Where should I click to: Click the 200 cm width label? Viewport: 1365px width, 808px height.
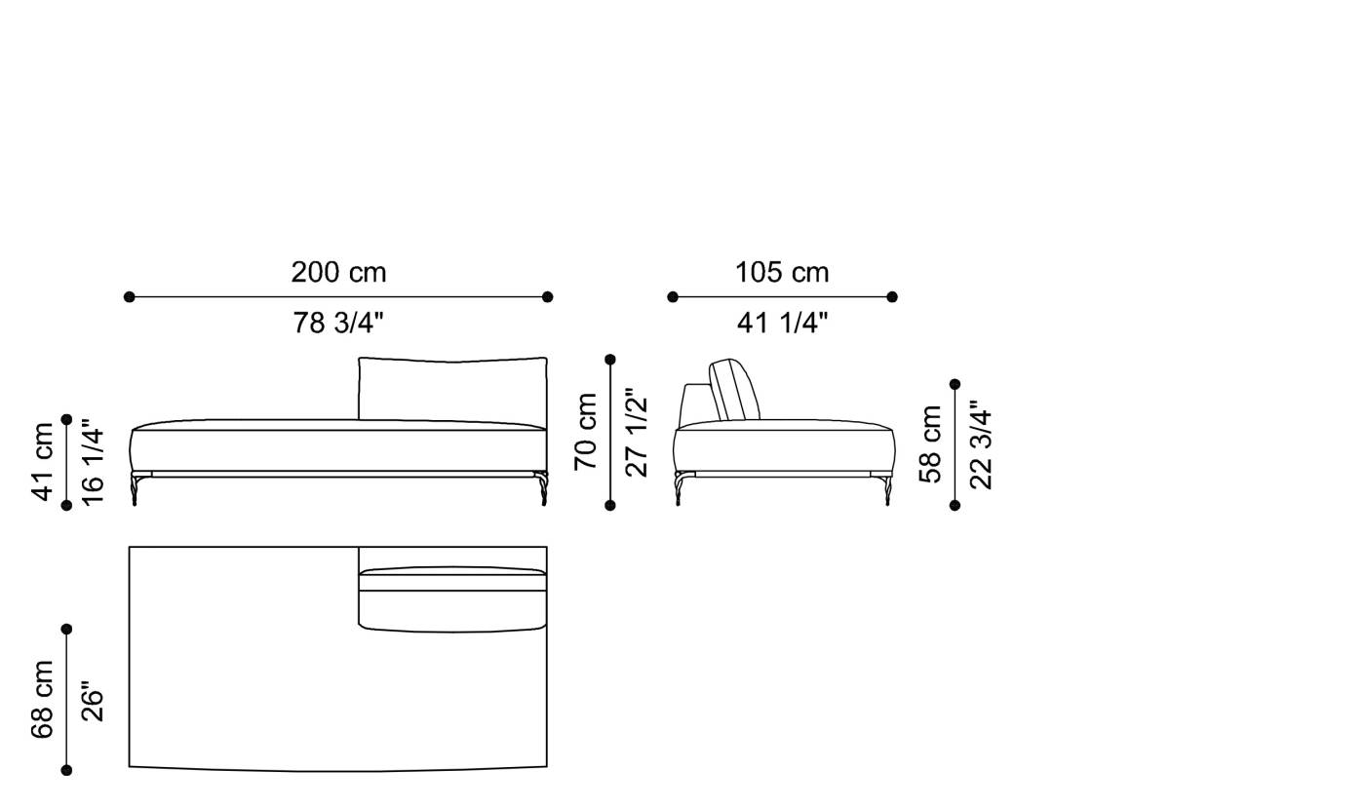click(x=338, y=273)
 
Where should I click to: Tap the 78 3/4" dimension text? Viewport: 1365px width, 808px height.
click(x=338, y=323)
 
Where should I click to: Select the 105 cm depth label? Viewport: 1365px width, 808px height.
click(x=782, y=273)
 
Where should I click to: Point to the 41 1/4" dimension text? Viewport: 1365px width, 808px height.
click(x=782, y=323)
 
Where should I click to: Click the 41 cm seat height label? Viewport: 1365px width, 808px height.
click(x=44, y=461)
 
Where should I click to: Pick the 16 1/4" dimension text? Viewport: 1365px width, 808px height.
click(x=92, y=461)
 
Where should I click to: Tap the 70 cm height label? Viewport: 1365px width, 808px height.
click(x=586, y=431)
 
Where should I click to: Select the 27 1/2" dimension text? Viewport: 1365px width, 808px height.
click(x=636, y=431)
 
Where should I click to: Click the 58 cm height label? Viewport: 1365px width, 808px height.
click(x=931, y=444)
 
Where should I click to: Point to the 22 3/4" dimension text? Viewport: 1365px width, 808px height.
click(x=980, y=444)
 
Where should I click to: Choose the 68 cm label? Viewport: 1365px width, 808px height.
click(x=44, y=699)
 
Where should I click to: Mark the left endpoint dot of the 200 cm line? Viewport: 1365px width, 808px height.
click(x=130, y=296)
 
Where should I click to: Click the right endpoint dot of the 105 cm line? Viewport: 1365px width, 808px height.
click(x=892, y=296)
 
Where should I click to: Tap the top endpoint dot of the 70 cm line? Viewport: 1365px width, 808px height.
click(x=610, y=360)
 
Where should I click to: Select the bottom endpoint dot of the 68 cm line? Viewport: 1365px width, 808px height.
click(x=66, y=770)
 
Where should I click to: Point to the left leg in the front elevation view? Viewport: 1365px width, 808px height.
click(x=135, y=488)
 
